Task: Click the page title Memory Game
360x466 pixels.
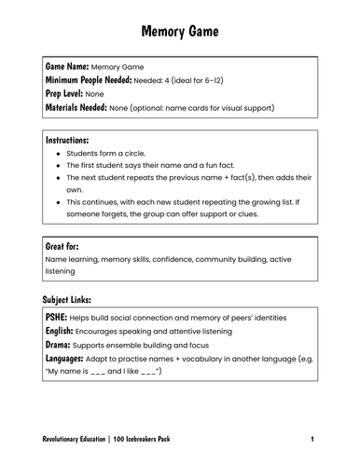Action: (179, 32)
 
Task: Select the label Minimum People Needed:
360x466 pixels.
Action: (90, 81)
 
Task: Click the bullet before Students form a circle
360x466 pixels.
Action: (60, 153)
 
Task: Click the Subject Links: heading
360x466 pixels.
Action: (68, 301)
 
